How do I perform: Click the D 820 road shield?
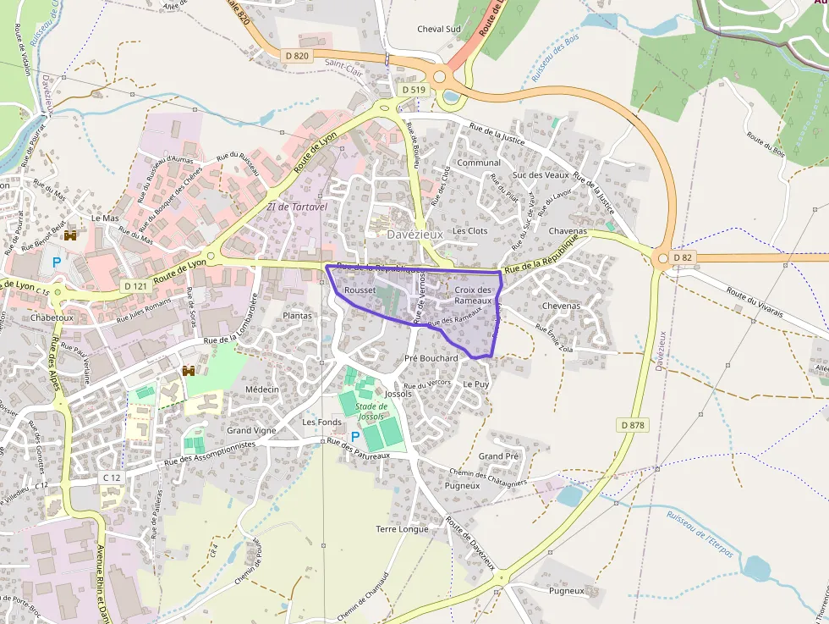[297, 56]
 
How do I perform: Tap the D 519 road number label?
[413, 89]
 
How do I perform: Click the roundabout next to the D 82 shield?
[661, 257]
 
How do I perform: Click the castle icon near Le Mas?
[71, 235]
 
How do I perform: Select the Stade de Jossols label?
[371, 411]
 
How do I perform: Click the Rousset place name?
[360, 290]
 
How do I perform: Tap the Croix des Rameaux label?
[473, 295]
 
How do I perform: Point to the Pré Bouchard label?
[431, 358]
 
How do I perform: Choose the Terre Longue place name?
[402, 529]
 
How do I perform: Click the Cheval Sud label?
[439, 29]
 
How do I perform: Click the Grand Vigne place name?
[251, 430]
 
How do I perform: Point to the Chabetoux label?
[52, 318]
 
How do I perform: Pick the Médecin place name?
[261, 389]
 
